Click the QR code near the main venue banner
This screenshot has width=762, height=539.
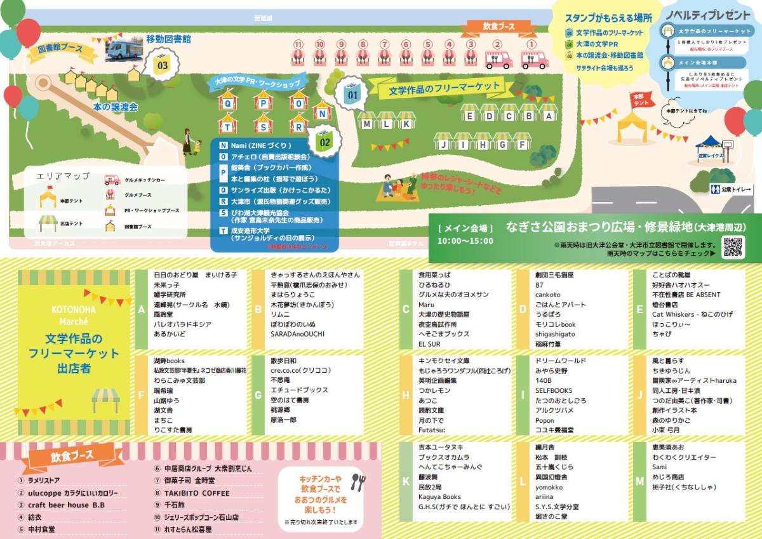[x=733, y=246]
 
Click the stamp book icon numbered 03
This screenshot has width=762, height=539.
[x=163, y=63]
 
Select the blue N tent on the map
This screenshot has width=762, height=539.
[x=323, y=113]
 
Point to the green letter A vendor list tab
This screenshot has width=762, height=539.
[x=141, y=309]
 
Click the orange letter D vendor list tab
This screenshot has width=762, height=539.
[x=523, y=309]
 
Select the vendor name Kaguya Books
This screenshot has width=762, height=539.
[x=439, y=496]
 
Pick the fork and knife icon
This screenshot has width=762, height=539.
[x=358, y=482]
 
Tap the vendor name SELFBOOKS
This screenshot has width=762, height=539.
[x=554, y=390]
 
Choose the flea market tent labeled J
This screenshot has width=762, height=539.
[x=444, y=144]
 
